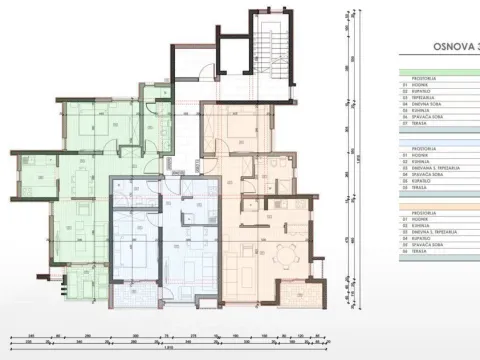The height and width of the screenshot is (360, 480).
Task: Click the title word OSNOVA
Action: pos(445,46)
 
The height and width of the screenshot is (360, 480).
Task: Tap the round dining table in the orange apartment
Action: pos(291,249)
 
